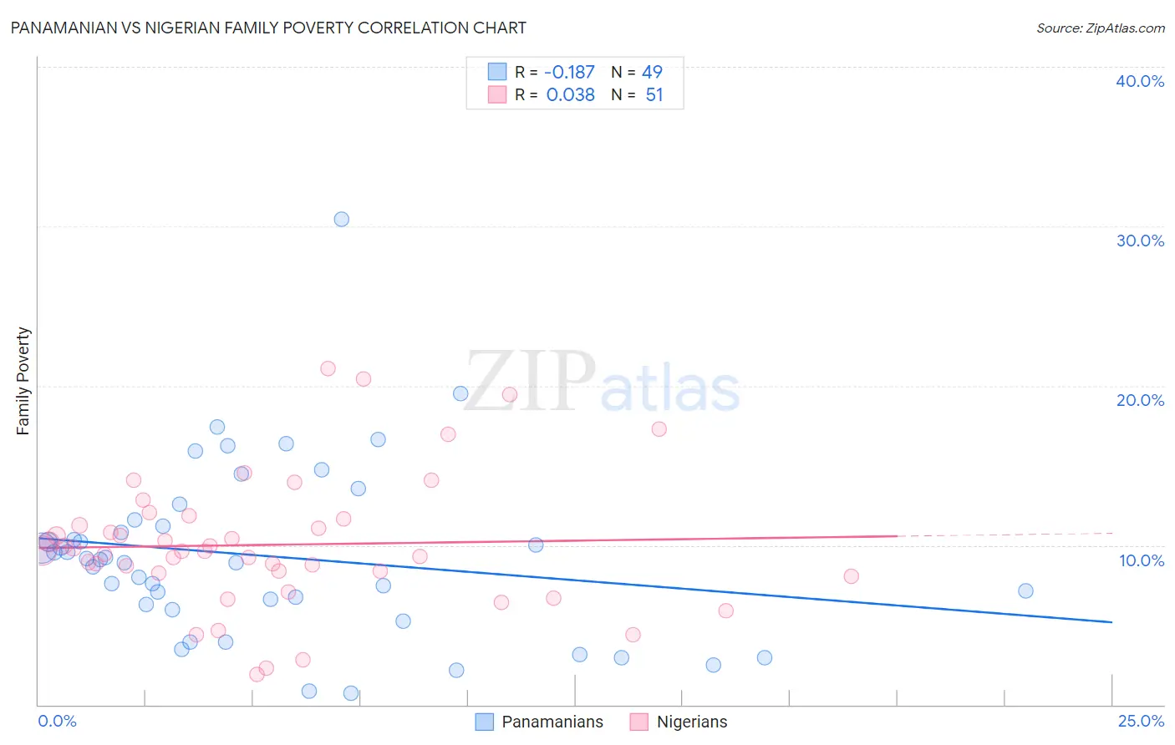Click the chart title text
[268, 28]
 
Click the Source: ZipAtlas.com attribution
[1100, 28]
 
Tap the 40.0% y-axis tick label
[1140, 81]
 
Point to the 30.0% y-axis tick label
[1140, 241]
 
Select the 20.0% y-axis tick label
[1140, 400]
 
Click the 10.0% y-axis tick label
[1142, 560]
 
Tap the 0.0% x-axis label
[57, 721]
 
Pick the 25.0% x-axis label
[1141, 721]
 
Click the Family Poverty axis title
[23, 381]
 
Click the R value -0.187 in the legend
[569, 72]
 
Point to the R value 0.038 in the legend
[570, 95]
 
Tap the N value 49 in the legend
[652, 72]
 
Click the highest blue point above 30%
[342, 220]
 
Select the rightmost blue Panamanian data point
[1025, 590]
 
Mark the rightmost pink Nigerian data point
[851, 576]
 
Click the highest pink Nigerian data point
[328, 368]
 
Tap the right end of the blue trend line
[1111, 622]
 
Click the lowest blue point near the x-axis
[351, 693]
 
